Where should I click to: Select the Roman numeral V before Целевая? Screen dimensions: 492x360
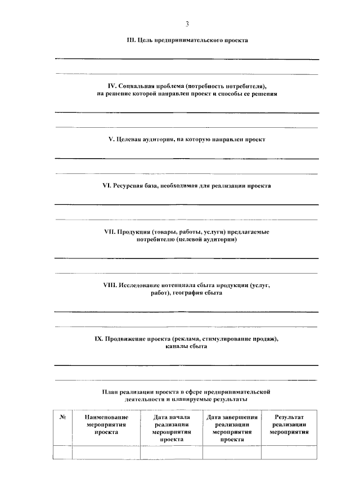point(110,138)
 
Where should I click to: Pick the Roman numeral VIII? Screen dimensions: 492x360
point(110,285)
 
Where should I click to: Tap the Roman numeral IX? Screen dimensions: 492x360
point(98,339)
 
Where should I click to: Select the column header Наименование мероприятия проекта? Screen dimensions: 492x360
point(106,425)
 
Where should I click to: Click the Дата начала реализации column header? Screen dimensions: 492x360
point(171,428)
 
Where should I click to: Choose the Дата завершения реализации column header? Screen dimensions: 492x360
point(232,428)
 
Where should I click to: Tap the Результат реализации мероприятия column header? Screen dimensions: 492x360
point(289,425)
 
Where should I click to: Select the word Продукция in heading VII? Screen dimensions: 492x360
point(136,232)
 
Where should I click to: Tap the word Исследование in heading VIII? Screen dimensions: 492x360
point(141,285)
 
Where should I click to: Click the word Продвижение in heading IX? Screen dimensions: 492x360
point(129,339)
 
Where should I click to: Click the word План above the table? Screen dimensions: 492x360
point(111,391)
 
